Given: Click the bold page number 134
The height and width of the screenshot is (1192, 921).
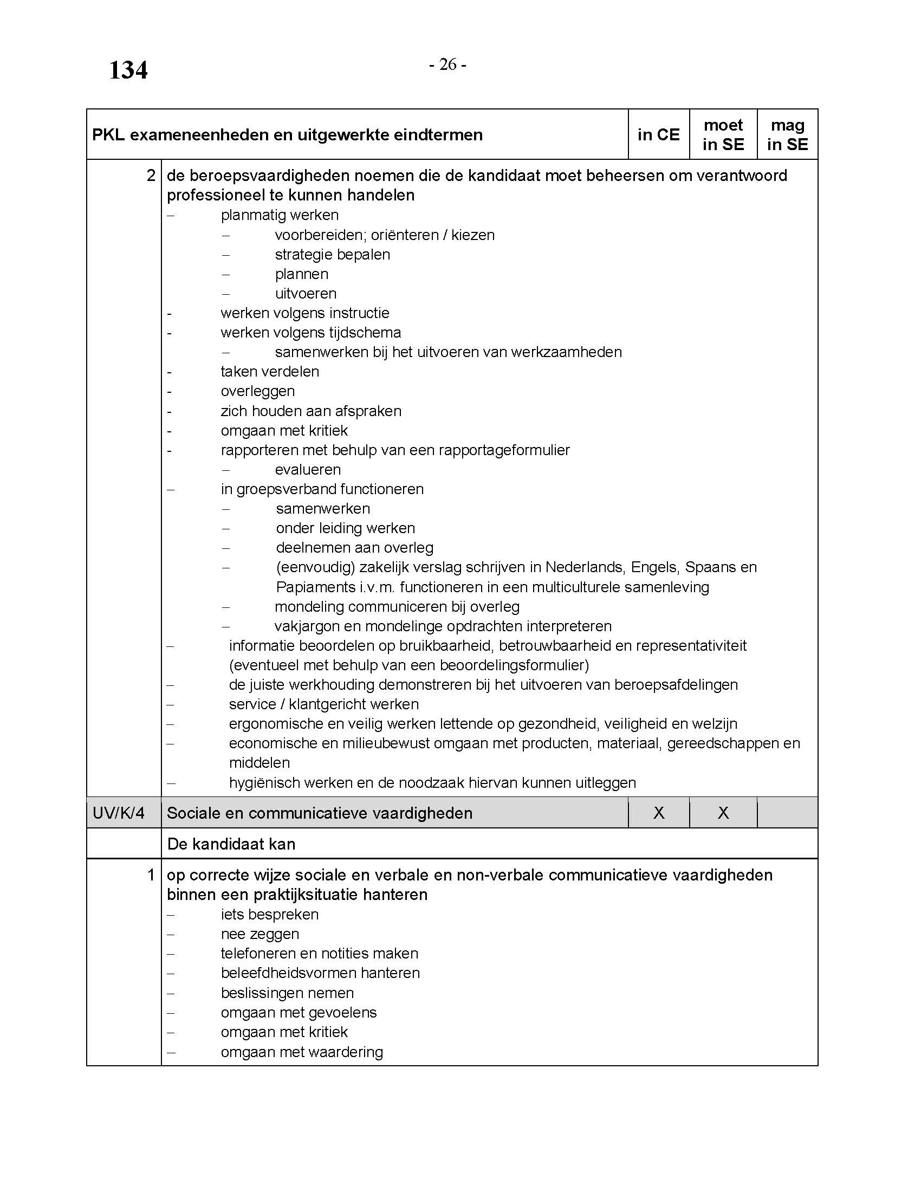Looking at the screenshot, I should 128,70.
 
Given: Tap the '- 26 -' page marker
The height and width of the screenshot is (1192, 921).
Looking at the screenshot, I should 447,64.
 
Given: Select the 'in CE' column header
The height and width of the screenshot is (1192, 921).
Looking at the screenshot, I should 659,134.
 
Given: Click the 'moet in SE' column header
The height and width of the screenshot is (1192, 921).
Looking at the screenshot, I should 723,134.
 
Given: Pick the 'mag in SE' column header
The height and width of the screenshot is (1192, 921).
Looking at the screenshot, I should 787,134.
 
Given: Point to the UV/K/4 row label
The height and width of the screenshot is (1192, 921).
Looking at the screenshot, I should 119,813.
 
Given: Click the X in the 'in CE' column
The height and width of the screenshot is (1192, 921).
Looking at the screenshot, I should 659,813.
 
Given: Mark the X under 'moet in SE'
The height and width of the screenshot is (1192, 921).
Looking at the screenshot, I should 723,813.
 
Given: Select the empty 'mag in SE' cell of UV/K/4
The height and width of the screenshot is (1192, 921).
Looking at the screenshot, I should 787,813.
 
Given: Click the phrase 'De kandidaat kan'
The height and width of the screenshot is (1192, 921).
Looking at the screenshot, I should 231,844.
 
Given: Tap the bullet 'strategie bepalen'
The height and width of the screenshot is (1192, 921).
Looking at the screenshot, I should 332,254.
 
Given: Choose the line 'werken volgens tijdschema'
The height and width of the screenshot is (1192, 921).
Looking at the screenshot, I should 310,332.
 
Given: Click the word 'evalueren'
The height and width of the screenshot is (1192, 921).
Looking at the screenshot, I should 308,469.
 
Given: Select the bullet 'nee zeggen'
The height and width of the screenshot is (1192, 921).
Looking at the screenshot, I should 260,934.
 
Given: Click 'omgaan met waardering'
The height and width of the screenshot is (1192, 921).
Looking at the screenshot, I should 302,1052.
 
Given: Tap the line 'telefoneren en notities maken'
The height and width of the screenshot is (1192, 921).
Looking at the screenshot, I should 319,954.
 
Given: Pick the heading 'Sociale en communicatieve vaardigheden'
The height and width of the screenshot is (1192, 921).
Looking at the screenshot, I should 319,813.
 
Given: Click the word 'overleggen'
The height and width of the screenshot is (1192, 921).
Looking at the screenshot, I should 257,391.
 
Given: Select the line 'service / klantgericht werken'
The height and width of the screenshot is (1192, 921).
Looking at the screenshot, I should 323,704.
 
